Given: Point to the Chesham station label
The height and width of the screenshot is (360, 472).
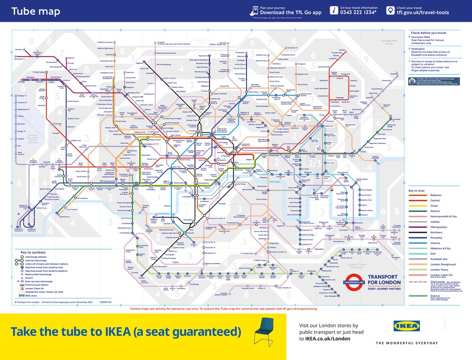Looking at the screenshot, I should click(19, 49).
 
